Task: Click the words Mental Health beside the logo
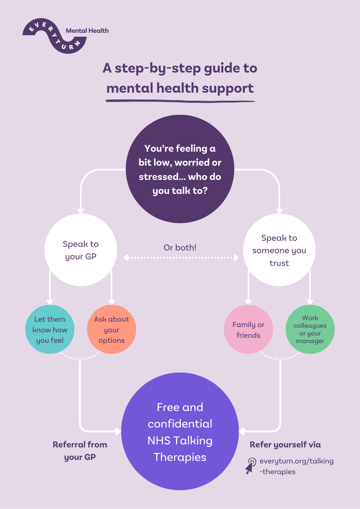click(87, 31)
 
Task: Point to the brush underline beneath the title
click(180, 101)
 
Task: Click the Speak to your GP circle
click(81, 250)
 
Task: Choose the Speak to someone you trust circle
click(279, 250)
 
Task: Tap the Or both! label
click(180, 247)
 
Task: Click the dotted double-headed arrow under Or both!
click(181, 258)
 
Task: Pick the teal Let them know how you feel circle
click(50, 329)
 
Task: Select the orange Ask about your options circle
click(112, 329)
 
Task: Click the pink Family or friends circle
click(248, 329)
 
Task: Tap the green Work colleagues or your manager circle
click(310, 329)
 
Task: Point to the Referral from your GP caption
click(80, 451)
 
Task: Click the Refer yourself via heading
click(285, 445)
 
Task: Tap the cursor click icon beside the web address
click(251, 465)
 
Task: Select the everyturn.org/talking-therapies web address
click(296, 466)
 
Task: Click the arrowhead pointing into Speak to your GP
click(81, 211)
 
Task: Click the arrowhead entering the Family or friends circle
click(248, 302)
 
